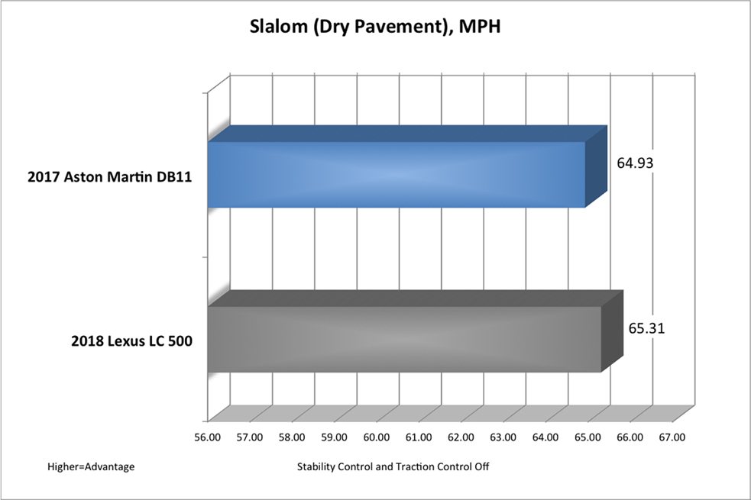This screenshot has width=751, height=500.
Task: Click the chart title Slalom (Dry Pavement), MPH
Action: pyautogui.click(x=375, y=29)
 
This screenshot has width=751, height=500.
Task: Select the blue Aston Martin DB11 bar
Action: pyautogui.click(x=397, y=174)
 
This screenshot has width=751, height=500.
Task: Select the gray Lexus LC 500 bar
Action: pyautogui.click(x=405, y=339)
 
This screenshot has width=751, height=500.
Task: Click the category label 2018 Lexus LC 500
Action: pyautogui.click(x=128, y=340)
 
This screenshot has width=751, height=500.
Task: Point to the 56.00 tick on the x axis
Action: pyautogui.click(x=208, y=438)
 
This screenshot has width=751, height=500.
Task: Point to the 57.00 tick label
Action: pyautogui.click(x=250, y=438)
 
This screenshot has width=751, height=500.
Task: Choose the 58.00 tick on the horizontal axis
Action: pyautogui.click(x=293, y=438)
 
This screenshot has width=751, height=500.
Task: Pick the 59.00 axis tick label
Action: pyautogui.click(x=335, y=438)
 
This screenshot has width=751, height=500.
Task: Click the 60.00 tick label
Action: pyautogui.click(x=377, y=438)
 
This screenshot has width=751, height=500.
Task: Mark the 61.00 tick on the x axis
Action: pyautogui.click(x=419, y=438)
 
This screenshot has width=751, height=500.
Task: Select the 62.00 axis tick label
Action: pyautogui.click(x=461, y=438)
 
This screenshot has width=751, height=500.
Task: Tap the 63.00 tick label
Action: pyautogui.click(x=503, y=438)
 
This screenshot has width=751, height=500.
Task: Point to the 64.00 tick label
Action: pyautogui.click(x=545, y=438)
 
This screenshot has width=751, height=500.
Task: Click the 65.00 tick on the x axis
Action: pyautogui.click(x=588, y=438)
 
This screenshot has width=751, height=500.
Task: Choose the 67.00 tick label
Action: pyautogui.click(x=672, y=438)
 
